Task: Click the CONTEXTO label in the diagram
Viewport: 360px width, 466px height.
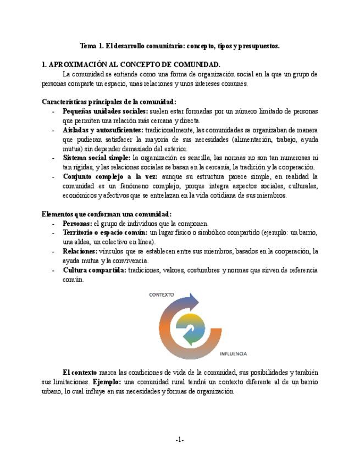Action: [x=162, y=295]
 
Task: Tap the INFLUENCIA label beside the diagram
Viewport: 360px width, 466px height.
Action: [x=232, y=353]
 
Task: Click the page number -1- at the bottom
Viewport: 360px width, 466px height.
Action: [x=180, y=440]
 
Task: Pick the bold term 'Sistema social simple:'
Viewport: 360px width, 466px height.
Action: [x=96, y=158]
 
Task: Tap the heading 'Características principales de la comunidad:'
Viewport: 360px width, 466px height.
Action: [x=109, y=102]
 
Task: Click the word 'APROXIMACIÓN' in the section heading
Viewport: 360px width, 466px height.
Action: [x=80, y=64]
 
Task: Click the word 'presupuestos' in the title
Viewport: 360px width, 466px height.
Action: [x=258, y=46]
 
